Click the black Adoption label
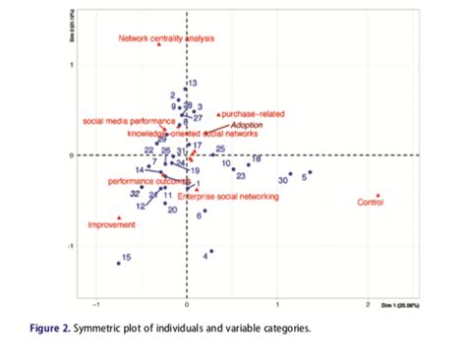point(249,126)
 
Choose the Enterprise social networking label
point(228,197)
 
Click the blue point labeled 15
point(118,264)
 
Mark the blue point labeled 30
point(290,174)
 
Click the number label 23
point(240,176)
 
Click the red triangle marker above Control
point(379,195)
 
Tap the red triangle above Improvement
point(119,217)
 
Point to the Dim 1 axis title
point(408,304)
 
